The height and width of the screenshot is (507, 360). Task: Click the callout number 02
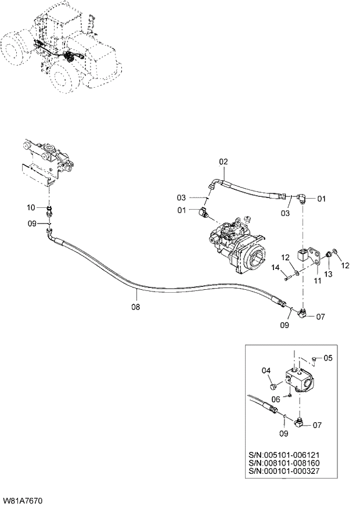[224, 161]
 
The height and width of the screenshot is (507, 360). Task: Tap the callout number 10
[31, 207]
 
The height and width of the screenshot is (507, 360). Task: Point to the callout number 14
[276, 267]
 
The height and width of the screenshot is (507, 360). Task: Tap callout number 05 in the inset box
[327, 358]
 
